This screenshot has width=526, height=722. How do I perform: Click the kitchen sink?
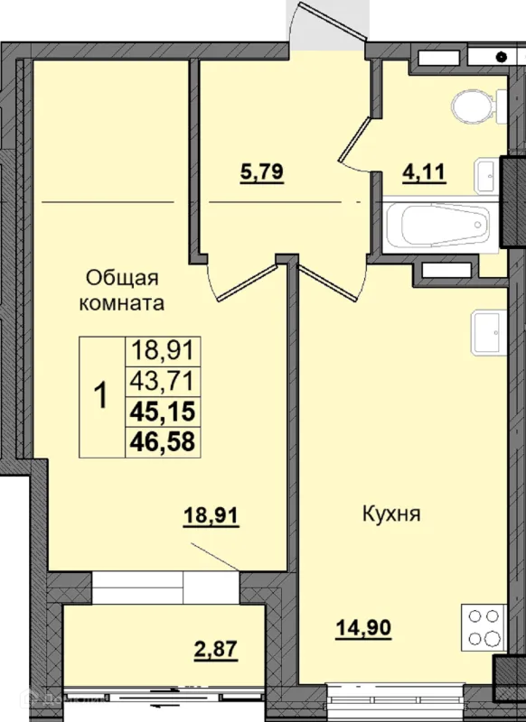pos(488,332)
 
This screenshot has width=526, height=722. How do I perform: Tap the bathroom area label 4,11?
pos(424,172)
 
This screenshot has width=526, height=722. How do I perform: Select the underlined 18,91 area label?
pos(211,515)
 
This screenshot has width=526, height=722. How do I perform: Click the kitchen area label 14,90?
pos(363,627)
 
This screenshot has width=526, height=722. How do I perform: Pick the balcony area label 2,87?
pos(216,649)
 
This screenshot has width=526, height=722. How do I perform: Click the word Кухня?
pos(392,514)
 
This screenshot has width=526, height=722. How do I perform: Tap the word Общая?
pos(122,279)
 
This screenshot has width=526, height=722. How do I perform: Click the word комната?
pos(122,303)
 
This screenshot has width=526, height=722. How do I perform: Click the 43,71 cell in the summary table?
pos(163,381)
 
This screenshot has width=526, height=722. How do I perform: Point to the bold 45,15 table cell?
pos(163,412)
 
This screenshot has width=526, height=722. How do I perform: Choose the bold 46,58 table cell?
pos(163,441)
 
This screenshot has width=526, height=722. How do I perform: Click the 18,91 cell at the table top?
pos(163,351)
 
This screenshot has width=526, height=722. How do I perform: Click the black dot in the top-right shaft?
pos(501,57)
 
